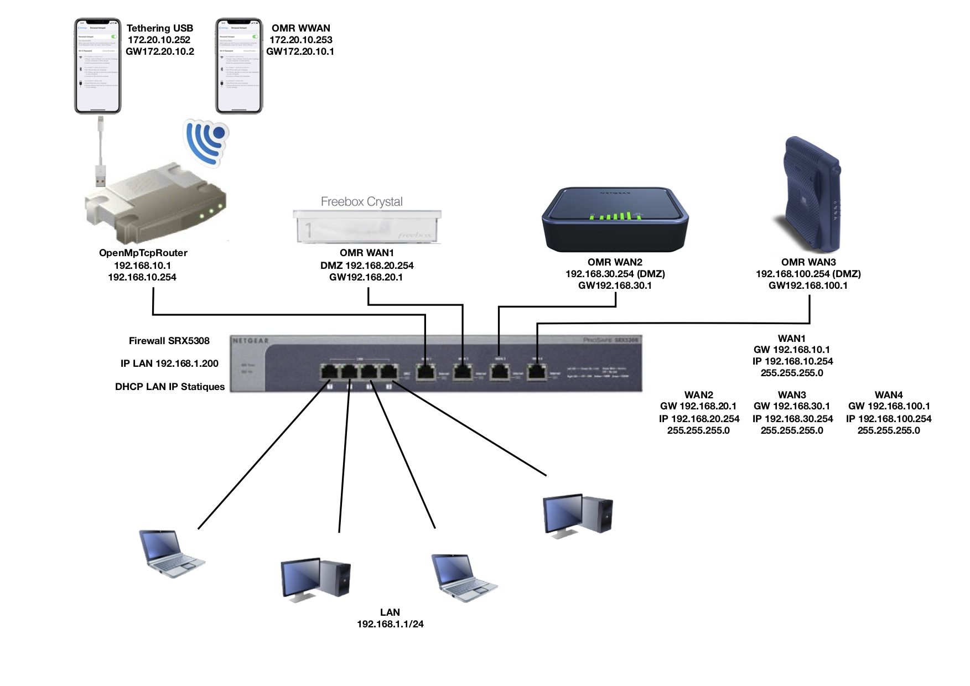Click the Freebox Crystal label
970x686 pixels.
click(x=361, y=202)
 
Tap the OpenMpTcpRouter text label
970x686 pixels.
click(x=143, y=253)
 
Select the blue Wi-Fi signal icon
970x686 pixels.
click(x=206, y=141)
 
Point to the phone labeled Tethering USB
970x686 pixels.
click(x=98, y=66)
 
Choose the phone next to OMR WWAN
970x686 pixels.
click(x=239, y=66)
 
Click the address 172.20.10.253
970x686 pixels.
click(x=300, y=40)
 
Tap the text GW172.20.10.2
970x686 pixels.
click(x=160, y=51)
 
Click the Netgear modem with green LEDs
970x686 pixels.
click(x=615, y=220)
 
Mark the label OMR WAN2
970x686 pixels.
click(x=615, y=262)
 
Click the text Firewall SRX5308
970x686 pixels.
click(x=169, y=341)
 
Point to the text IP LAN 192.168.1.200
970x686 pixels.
click(x=169, y=363)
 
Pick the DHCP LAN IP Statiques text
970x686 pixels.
click(x=169, y=387)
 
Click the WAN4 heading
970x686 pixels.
click(x=888, y=395)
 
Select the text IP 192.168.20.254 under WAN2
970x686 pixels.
click(x=699, y=419)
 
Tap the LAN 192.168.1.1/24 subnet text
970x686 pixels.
click(x=390, y=619)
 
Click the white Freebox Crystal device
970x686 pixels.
click(x=367, y=227)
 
